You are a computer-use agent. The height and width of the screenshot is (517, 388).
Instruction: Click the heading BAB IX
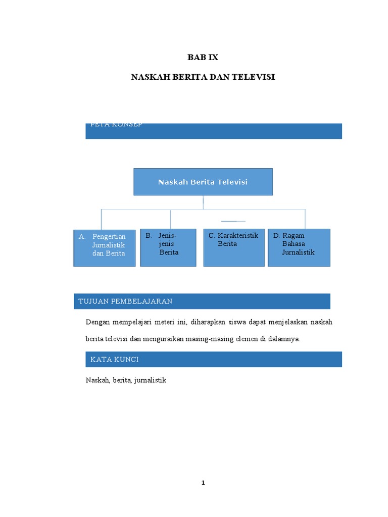pyautogui.click(x=203, y=58)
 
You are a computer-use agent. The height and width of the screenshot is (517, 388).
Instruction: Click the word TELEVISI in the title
pyautogui.click(x=251, y=77)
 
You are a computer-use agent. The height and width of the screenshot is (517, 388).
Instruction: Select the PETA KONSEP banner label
pyautogui.click(x=116, y=125)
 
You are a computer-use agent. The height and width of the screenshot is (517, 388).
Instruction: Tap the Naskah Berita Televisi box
pyautogui.click(x=203, y=182)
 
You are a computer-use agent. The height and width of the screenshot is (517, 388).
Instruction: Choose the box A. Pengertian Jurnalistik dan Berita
pyautogui.click(x=105, y=247)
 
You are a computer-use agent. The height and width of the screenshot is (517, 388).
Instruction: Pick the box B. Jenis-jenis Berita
pyautogui.click(x=168, y=247)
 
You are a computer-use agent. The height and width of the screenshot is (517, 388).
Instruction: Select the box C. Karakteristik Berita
pyautogui.click(x=234, y=247)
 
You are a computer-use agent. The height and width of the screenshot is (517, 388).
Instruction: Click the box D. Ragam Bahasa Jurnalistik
pyautogui.click(x=299, y=247)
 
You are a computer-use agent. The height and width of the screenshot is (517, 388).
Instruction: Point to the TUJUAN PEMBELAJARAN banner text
pyautogui.click(x=126, y=301)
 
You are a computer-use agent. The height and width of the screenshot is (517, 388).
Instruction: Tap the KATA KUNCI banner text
pyautogui.click(x=115, y=359)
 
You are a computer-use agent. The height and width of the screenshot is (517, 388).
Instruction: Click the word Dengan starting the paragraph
pyautogui.click(x=98, y=322)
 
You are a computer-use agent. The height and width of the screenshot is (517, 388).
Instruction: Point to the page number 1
pyautogui.click(x=203, y=483)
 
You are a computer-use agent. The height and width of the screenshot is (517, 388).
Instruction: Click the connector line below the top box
pyautogui.click(x=203, y=202)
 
